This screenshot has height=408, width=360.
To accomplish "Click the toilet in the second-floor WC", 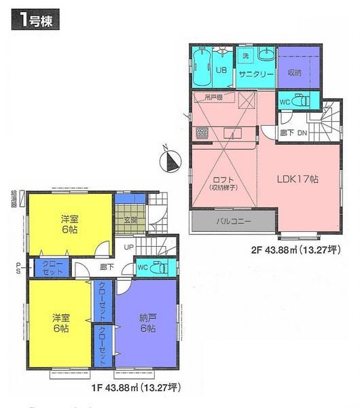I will [x=304, y=101].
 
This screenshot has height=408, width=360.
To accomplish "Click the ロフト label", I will [x=219, y=178].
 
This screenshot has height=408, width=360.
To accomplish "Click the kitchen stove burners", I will [x=201, y=131].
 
